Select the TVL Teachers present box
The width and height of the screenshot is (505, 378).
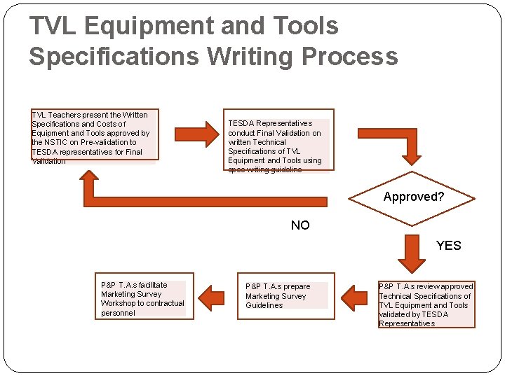click(94, 136)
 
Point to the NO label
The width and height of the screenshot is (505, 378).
click(300, 225)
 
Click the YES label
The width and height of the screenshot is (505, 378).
click(448, 245)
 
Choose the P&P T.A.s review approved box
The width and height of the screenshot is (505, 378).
click(426, 305)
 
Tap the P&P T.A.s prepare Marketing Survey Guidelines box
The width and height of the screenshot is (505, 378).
click(283, 296)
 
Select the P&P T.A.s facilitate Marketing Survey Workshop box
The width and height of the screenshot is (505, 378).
click(142, 299)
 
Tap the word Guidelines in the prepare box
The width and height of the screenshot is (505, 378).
click(264, 306)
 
